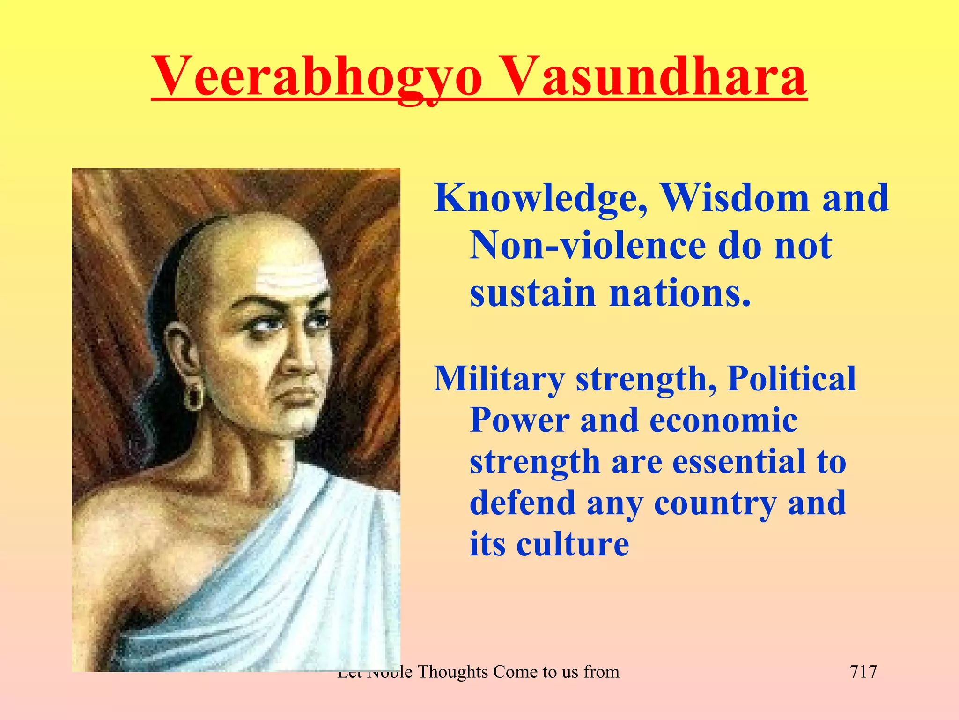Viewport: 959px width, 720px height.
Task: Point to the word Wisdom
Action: [735, 198]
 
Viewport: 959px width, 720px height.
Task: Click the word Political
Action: [791, 379]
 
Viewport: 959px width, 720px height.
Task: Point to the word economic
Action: [723, 420]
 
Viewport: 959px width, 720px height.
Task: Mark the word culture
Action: [573, 544]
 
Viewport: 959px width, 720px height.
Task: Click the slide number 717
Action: [863, 672]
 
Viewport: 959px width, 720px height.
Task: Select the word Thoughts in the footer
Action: [452, 672]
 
